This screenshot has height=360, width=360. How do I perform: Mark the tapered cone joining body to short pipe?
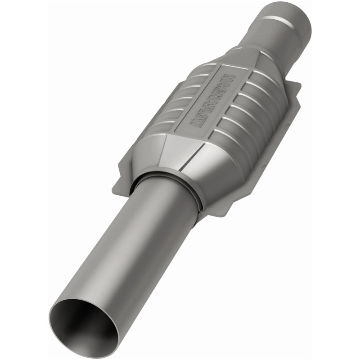(252, 54)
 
